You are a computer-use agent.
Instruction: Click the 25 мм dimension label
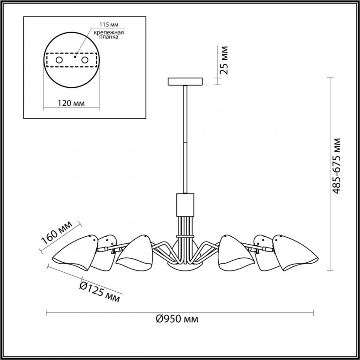click(224, 60)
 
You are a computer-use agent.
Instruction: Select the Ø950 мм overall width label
click(177, 319)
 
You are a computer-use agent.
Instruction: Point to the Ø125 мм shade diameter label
click(99, 292)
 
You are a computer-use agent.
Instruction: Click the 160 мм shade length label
click(57, 233)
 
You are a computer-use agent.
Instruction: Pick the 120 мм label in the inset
click(71, 103)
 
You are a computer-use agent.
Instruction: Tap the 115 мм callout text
click(109, 25)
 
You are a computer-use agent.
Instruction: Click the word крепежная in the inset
click(109, 32)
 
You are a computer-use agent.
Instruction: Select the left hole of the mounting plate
click(59, 60)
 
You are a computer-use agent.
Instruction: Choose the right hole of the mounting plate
click(85, 60)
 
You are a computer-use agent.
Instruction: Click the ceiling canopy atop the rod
click(185, 81)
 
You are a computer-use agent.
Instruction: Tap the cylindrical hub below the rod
click(185, 205)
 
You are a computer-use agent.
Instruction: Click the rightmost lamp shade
click(295, 252)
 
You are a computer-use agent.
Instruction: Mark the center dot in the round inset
click(75, 57)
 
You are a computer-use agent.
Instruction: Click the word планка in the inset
click(109, 37)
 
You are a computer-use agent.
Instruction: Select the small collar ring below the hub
click(185, 236)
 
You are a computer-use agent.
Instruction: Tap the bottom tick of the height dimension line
click(330, 271)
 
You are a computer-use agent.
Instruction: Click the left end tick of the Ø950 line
click(46, 313)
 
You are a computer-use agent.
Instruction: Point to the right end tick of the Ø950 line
click(314, 313)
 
